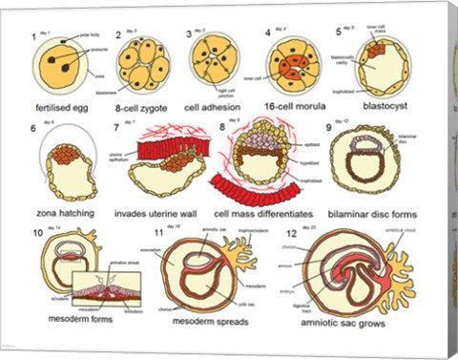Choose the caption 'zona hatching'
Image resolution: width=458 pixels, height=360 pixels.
pos(61,212)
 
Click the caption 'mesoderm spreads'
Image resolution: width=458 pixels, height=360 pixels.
pos(211,322)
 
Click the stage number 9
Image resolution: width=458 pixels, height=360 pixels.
pos(328,127)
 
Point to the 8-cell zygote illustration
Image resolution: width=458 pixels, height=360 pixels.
pos(143,65)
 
